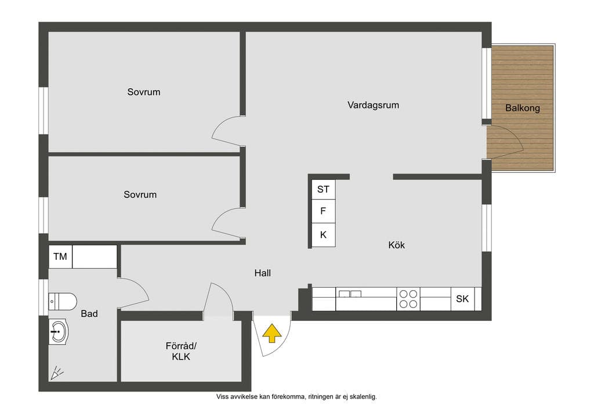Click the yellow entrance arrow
click(x=272, y=333)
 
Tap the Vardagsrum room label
click(x=373, y=105)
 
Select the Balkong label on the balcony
click(x=523, y=108)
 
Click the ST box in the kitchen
click(x=323, y=189)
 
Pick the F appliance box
click(x=323, y=211)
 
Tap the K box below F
click(x=323, y=235)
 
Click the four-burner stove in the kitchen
click(x=408, y=299)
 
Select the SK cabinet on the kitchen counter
click(x=462, y=299)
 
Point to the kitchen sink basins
click(x=350, y=294)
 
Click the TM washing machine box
click(x=60, y=257)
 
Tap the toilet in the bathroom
click(x=63, y=302)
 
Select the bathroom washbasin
click(x=59, y=331)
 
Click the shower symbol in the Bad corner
click(x=57, y=373)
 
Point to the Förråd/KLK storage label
click(x=181, y=351)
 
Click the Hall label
click(x=263, y=273)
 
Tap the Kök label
click(x=397, y=245)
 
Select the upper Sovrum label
click(x=144, y=92)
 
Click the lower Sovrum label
click(x=140, y=195)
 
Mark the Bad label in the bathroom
click(x=89, y=314)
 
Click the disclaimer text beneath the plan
click(x=296, y=397)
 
